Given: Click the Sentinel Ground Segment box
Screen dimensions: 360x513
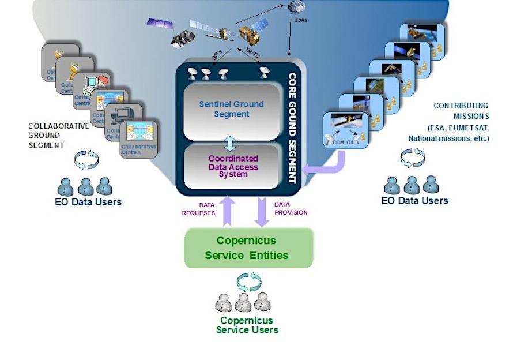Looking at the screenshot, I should coord(231,110).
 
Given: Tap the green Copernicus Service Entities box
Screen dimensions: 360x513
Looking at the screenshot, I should coord(248,247).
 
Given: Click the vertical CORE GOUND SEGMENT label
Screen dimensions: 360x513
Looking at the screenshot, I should coord(292,127).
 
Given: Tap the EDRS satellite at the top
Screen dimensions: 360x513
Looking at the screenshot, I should coord(297,7).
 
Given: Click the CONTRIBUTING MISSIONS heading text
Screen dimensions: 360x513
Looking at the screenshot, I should coord(461,110).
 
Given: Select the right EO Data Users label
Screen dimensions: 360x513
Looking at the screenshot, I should coord(414,200).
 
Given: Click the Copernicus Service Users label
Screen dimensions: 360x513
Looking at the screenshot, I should coord(247,325).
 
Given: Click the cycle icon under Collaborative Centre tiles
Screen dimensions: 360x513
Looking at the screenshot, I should coord(86,160).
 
